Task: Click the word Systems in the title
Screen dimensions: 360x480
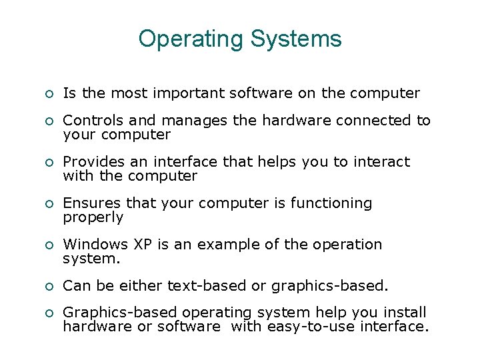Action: point(296,39)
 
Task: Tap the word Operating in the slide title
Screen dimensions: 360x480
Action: point(191,39)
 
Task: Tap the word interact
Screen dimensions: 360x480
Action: point(383,162)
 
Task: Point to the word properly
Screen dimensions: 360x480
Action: point(93,218)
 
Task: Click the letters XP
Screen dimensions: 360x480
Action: point(143,245)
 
